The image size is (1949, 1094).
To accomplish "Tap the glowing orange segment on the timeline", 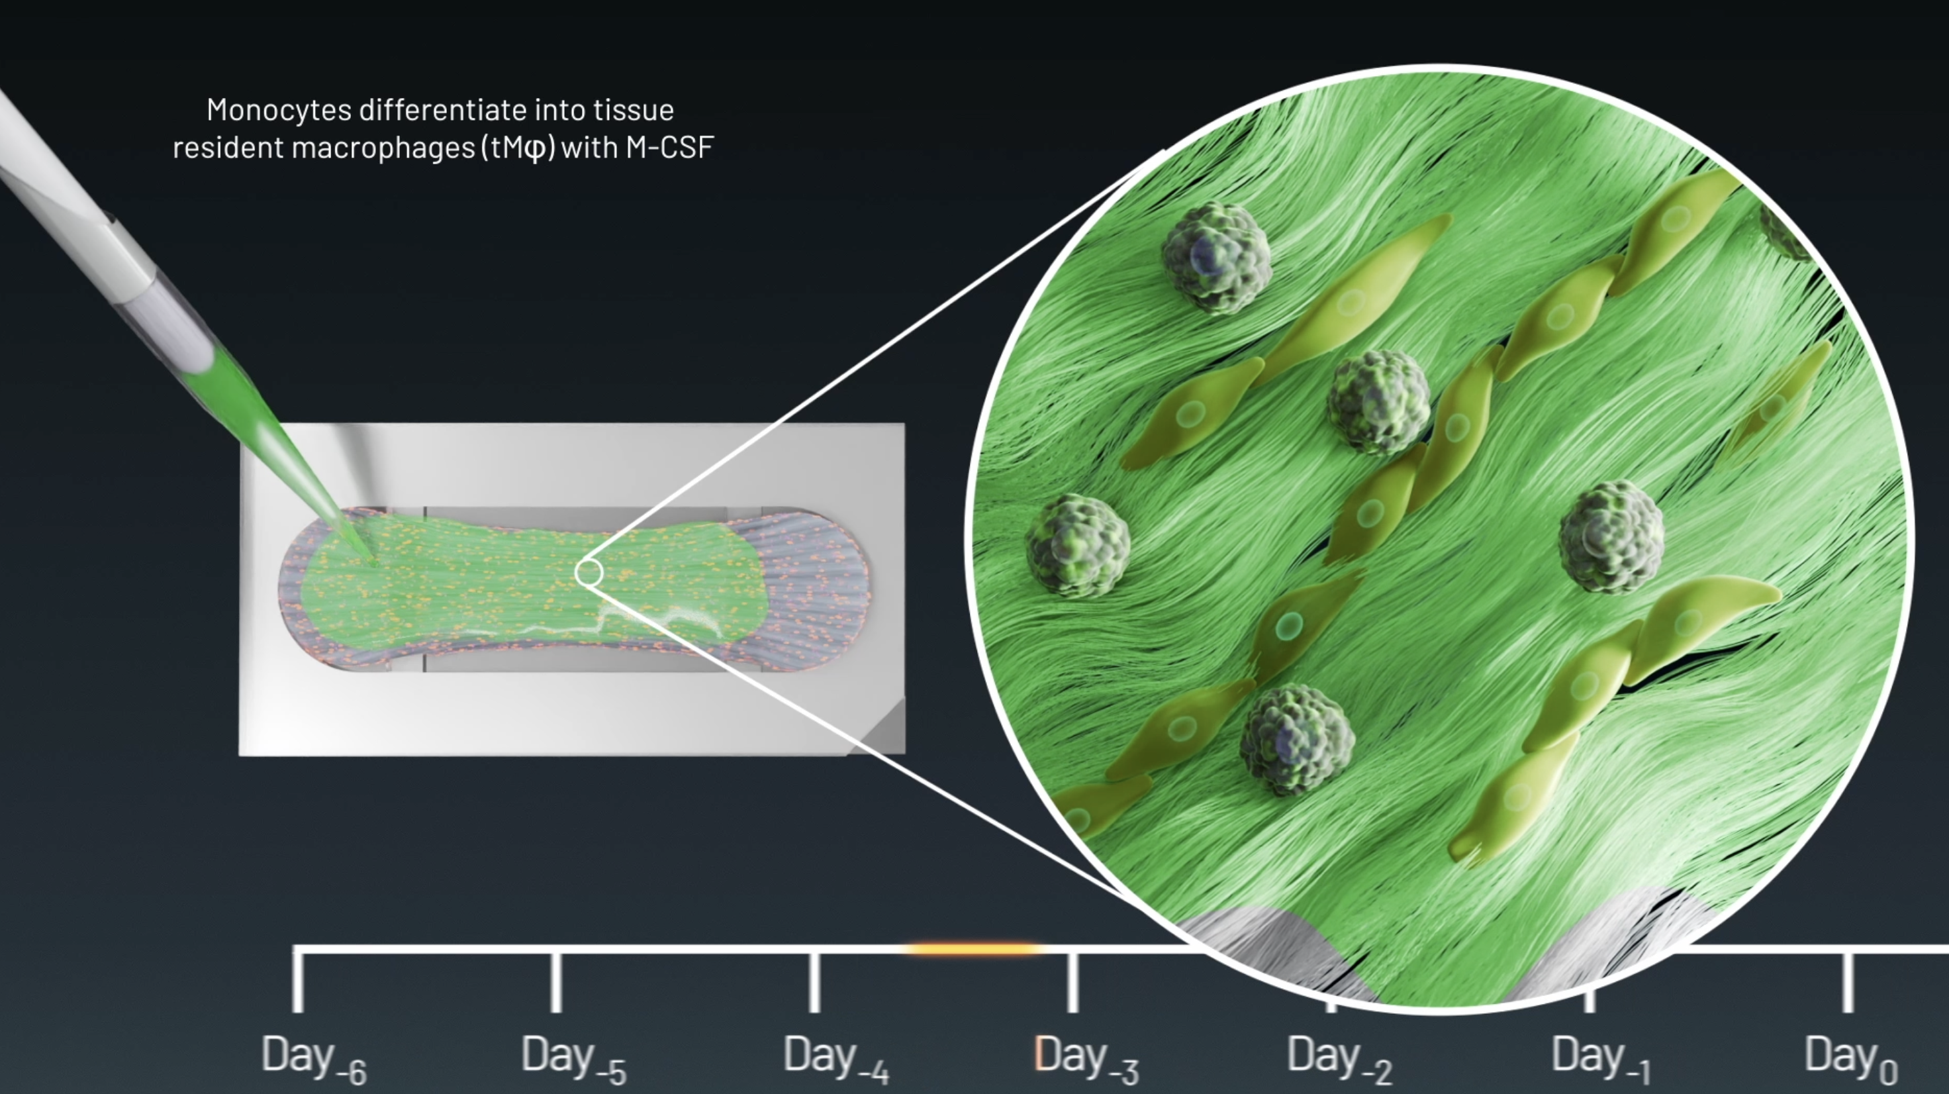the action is (x=974, y=948).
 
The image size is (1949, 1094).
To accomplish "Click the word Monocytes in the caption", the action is (x=279, y=111).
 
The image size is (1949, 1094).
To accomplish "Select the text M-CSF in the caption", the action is (x=669, y=148).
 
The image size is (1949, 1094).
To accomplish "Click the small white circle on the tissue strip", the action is (x=589, y=573).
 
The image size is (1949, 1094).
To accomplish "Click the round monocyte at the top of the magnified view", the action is (x=1217, y=257).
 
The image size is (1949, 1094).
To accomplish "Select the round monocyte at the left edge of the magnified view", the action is (x=1077, y=546).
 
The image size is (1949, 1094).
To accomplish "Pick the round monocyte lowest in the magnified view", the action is (x=1297, y=740).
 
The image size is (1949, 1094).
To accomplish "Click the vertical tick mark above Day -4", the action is (x=814, y=982).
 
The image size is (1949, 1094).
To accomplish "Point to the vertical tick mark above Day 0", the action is (x=1848, y=982).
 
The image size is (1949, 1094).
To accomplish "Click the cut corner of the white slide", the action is (x=878, y=728).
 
